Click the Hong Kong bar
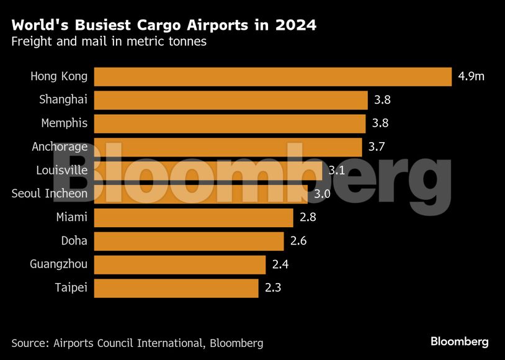272,76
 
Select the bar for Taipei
176,288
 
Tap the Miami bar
194,218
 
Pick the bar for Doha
189,241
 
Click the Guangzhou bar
180,264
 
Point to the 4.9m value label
471,77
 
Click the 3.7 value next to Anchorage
377,147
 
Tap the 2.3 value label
272,288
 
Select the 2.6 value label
298,241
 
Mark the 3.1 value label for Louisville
337,171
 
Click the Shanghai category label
63,99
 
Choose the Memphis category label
64,123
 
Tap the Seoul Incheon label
50,194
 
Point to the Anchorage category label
60,147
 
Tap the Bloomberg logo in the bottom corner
460,341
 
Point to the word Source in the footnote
29,343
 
